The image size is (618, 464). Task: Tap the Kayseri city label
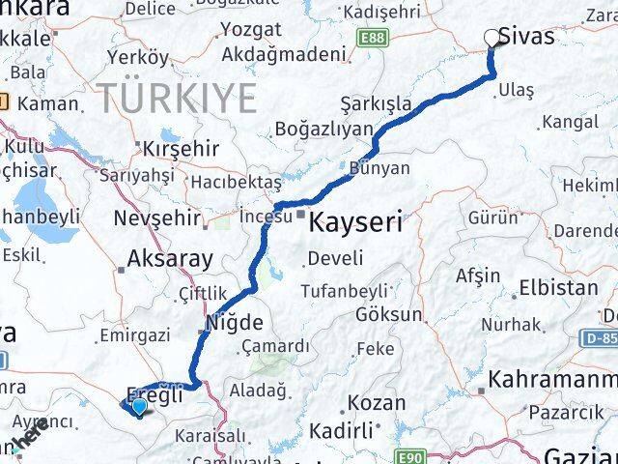[356, 222]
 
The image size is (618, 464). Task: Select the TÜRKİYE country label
[177, 99]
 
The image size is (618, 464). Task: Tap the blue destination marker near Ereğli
[140, 407]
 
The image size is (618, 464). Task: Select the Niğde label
[227, 324]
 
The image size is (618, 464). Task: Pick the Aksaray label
[170, 259]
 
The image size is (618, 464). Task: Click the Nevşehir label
[155, 217]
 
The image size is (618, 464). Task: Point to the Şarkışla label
[376, 103]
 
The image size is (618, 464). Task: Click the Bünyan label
[379, 168]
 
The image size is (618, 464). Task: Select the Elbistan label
[558, 288]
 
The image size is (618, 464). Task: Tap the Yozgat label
[251, 29]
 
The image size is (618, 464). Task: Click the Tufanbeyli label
[345, 290]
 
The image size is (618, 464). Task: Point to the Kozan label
[377, 402]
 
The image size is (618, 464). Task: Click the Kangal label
[570, 122]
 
